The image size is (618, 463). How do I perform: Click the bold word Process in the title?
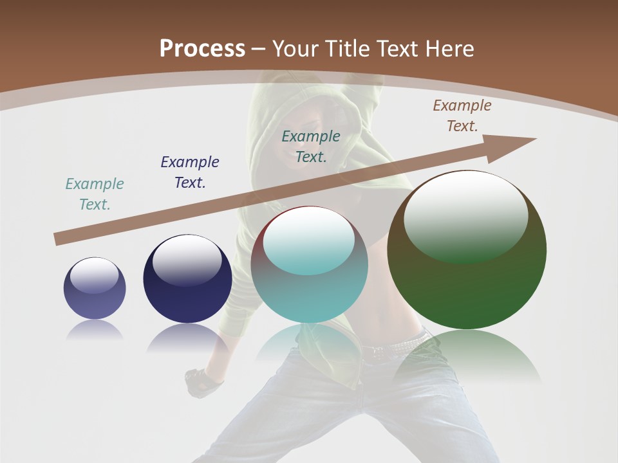(202, 49)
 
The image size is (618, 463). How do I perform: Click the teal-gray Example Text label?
(95, 194)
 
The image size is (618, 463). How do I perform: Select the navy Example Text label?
(190, 172)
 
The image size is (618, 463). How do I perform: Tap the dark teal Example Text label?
(311, 147)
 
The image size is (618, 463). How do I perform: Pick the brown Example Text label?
(462, 116)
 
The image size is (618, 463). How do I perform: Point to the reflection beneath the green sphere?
(467, 354)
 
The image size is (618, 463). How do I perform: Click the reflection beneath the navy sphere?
(187, 338)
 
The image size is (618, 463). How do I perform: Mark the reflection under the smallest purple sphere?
(95, 329)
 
